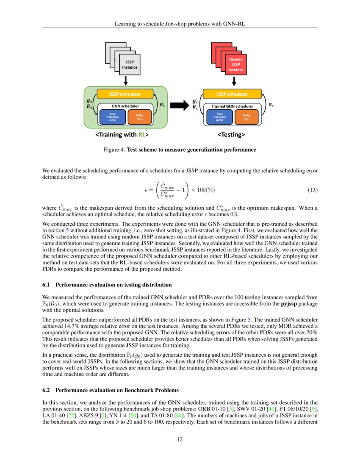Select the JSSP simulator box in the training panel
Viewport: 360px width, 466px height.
click(125, 94)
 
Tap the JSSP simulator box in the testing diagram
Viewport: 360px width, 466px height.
click(232, 94)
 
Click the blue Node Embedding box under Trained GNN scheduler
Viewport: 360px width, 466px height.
click(219, 117)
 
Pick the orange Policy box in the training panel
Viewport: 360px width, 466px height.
click(139, 117)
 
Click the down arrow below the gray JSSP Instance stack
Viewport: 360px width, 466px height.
click(126, 80)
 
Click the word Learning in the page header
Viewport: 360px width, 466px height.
click(126, 24)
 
